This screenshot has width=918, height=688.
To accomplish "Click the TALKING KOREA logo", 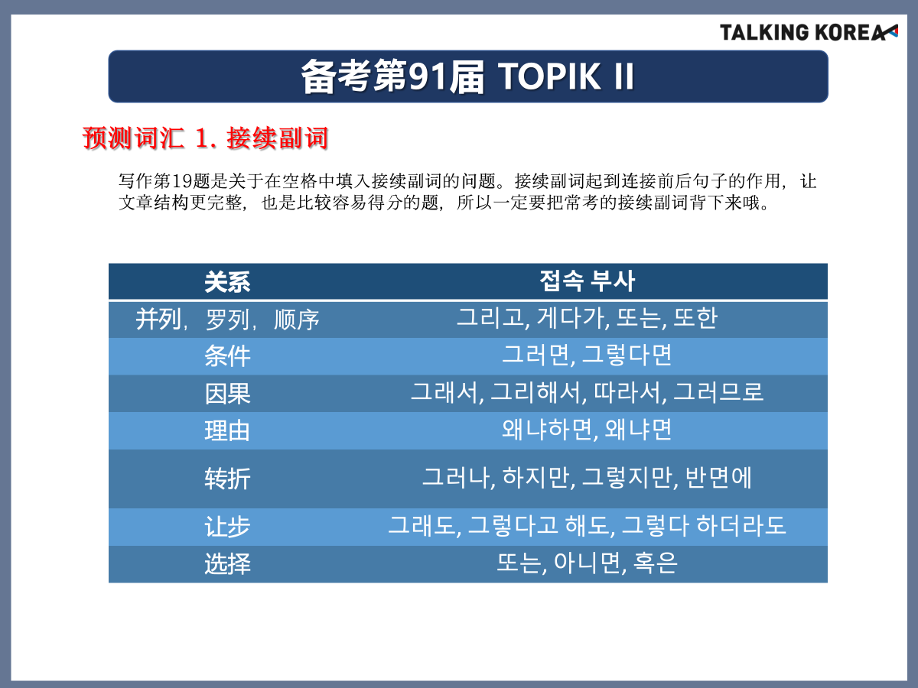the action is (x=809, y=33).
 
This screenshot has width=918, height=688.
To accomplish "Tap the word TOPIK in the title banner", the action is (x=549, y=76).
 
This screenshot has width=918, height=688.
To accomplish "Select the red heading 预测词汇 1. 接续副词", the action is (x=205, y=138).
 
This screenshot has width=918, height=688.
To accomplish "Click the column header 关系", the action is (x=227, y=281).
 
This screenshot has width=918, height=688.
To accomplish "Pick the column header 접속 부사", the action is (x=587, y=281).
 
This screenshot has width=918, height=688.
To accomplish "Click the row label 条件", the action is (x=227, y=356).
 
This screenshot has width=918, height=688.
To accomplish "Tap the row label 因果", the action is (x=227, y=394).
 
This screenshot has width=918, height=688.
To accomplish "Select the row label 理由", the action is (x=227, y=430).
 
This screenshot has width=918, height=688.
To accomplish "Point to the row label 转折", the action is (x=227, y=479).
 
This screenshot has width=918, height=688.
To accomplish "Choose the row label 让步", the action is (x=227, y=527).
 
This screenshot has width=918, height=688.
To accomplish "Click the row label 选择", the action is (x=227, y=563).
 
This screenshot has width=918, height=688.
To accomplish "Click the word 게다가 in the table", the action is (x=571, y=317).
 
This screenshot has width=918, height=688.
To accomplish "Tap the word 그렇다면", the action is (x=627, y=355).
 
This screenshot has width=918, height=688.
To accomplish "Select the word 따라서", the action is (x=627, y=392).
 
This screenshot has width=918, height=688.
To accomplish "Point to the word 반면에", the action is (x=718, y=477).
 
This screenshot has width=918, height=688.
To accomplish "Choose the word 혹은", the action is (x=655, y=563).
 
